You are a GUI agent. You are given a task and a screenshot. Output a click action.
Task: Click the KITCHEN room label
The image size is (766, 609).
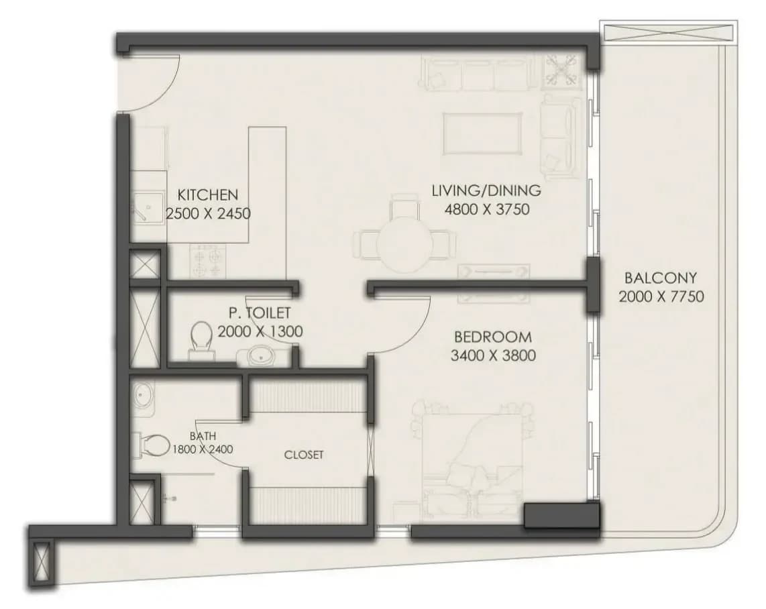208,195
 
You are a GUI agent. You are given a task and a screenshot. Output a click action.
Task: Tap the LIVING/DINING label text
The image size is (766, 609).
486,190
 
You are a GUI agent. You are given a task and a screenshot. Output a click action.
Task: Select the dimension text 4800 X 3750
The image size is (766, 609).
487,209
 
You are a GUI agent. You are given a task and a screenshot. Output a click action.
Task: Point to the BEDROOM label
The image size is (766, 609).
493,337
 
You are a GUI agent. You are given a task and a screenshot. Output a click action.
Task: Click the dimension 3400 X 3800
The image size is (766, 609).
493,355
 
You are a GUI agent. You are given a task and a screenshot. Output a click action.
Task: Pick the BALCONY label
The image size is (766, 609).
661,278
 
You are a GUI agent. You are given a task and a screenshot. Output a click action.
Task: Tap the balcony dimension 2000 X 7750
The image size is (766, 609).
661,296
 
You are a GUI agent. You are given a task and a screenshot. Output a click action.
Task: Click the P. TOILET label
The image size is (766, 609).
260,313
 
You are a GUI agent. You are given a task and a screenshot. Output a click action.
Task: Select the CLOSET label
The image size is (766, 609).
304,455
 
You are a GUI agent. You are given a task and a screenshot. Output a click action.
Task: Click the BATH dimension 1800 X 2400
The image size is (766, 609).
203,449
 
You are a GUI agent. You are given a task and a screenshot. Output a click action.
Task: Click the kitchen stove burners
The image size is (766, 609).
208,262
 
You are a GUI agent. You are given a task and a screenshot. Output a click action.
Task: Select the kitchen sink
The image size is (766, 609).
149,207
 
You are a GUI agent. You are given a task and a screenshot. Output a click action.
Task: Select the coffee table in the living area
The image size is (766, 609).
482,134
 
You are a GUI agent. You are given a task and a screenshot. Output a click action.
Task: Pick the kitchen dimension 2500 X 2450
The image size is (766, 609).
209,214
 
